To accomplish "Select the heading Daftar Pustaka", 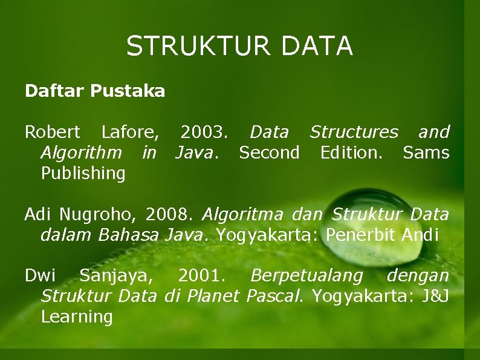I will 95,91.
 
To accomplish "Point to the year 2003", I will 204,132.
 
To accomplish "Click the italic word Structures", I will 354,132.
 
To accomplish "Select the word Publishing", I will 83,174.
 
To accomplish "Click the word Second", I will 269,152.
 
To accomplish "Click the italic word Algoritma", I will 243,215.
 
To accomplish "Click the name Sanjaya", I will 115,277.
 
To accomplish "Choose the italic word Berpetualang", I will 306,277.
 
